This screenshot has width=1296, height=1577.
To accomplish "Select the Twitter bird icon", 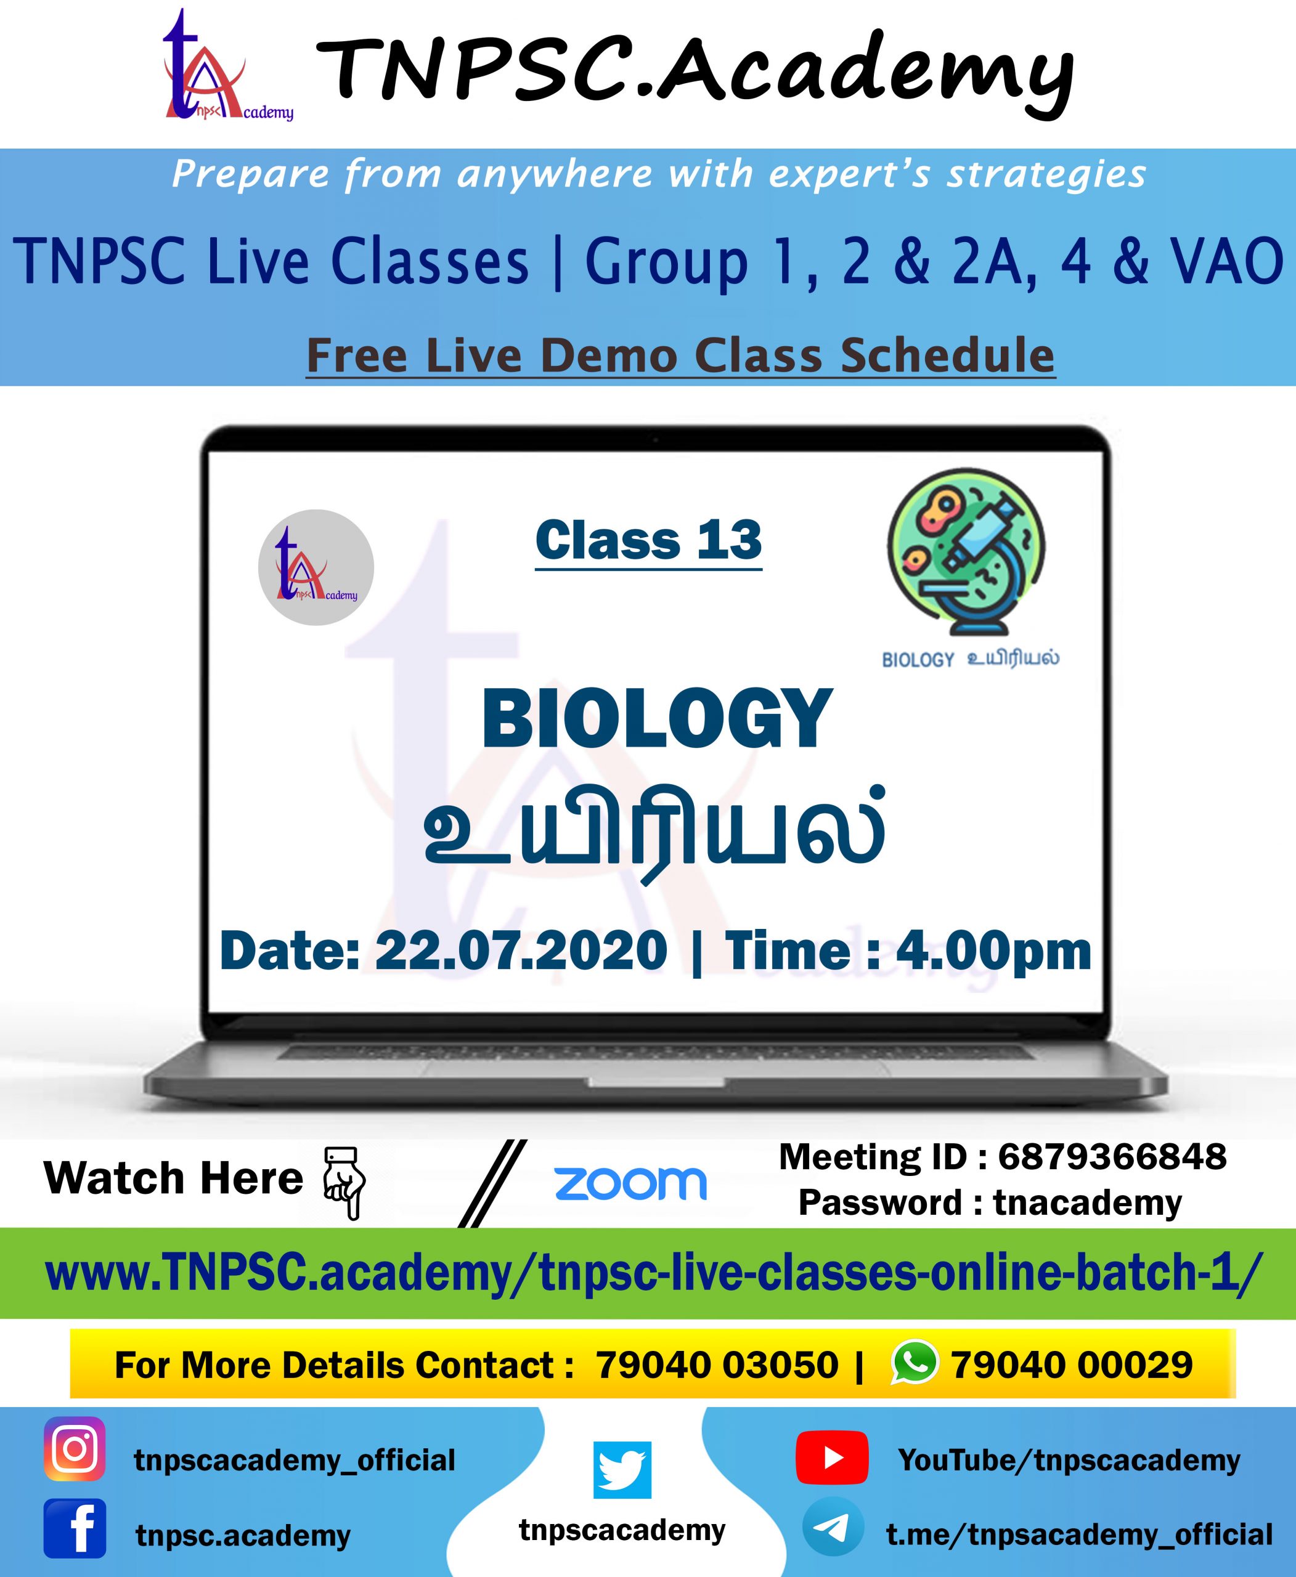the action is coord(622,1470).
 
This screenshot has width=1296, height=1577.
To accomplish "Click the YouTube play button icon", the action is coord(832,1457).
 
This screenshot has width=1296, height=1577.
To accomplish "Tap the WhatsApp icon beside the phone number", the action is coord(915,1361).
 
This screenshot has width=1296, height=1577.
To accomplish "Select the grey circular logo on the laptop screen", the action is coord(316,567).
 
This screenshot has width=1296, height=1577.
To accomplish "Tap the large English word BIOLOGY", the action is coord(657,718).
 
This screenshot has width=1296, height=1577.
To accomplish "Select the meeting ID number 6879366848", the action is coord(1112,1157).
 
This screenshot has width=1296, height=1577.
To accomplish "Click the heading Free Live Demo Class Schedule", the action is coord(681,356).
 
